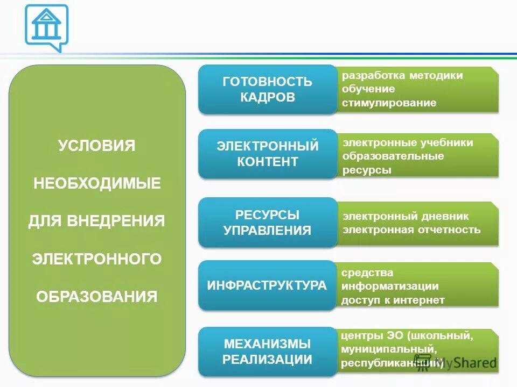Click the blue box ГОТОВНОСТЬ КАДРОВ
[267, 89]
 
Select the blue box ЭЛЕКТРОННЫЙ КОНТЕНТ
[267, 154]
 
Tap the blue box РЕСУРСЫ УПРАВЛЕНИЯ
[267, 223]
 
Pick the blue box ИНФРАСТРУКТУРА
[267, 285]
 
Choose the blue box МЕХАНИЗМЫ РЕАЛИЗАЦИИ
[267, 352]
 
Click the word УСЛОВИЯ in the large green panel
[97, 146]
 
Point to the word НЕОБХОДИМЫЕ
[97, 183]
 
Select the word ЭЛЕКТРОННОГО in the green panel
[97, 259]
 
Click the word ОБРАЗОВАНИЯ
[97, 297]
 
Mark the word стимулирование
[389, 103]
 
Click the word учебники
[447, 142]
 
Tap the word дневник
[445, 216]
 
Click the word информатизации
[389, 286]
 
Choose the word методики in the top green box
[435, 75]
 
